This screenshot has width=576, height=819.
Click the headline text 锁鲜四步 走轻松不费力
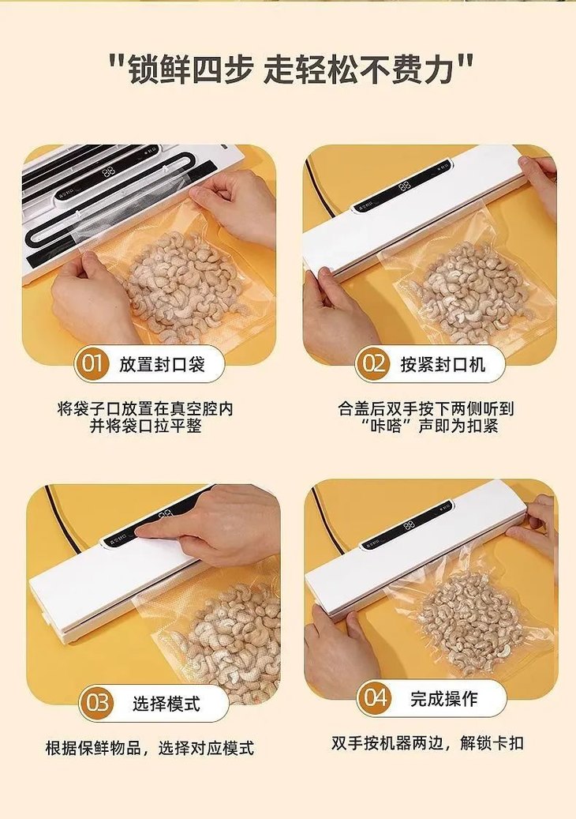[x=289, y=70]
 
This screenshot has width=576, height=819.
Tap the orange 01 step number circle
[x=93, y=364]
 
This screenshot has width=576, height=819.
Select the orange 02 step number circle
[x=373, y=364]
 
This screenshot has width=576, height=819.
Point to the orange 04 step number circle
[x=376, y=698]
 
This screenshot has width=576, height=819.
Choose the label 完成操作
[x=443, y=698]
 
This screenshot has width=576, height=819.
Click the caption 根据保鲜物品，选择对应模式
[x=150, y=748]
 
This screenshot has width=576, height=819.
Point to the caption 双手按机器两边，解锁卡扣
[x=427, y=743]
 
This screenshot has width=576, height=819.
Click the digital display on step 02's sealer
[x=405, y=186]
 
